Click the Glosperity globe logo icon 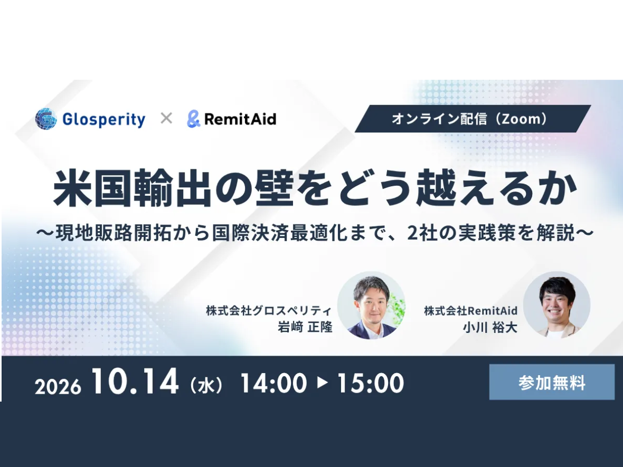pos(46,119)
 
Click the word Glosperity pos(104,119)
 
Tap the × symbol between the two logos pos(166,118)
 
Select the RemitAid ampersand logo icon pos(193,119)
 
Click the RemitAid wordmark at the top pos(240,119)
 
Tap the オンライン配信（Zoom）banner pos(473,119)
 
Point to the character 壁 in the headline pos(275,188)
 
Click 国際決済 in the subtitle pos(250,233)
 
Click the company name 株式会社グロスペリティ pos(269,310)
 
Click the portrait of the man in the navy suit pos(371,306)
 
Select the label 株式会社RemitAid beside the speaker pos(471,310)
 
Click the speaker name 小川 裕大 pos(490,327)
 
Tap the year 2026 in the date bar pos(58,386)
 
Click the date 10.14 pos(135,381)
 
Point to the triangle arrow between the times pos(322,382)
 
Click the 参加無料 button pos(552,382)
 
